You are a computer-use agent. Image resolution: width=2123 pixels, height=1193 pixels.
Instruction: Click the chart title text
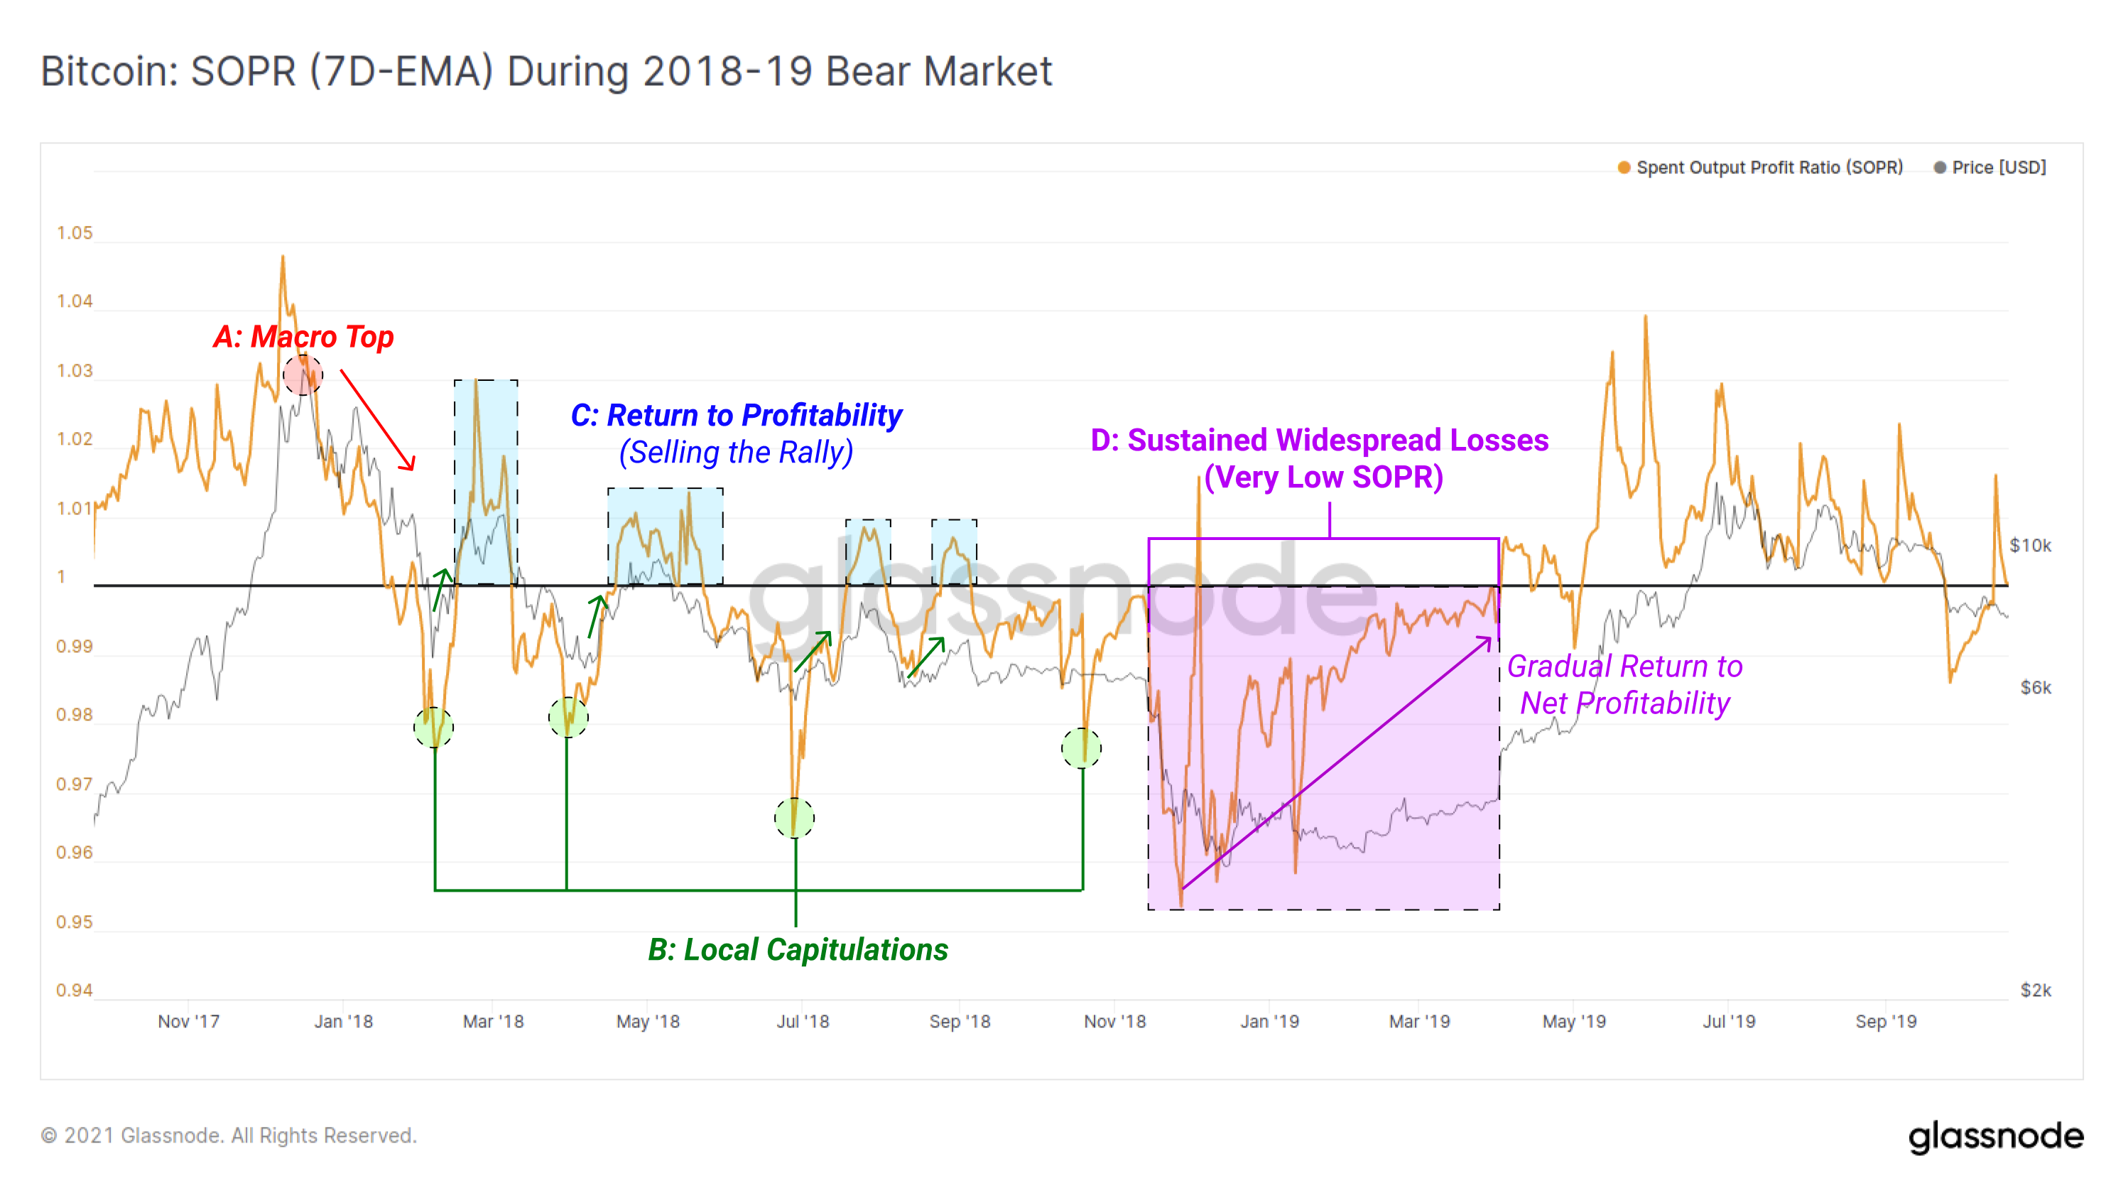(545, 71)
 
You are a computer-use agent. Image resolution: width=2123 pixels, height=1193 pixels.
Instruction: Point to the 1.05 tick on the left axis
(74, 233)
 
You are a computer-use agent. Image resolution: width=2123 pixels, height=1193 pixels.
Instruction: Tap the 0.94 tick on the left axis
(74, 990)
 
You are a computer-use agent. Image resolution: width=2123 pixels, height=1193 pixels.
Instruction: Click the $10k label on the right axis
(2030, 545)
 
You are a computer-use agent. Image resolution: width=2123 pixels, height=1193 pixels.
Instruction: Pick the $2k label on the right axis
(2035, 990)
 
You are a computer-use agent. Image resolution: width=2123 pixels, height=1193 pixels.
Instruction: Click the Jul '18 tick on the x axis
(802, 1022)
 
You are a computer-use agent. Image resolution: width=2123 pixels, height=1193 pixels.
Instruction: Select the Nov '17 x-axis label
(189, 1022)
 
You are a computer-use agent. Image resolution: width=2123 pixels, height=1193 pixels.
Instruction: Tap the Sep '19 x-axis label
(1885, 1022)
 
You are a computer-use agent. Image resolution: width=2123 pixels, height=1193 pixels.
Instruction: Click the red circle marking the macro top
(303, 375)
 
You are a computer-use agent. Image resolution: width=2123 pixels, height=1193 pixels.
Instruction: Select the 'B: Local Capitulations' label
(797, 950)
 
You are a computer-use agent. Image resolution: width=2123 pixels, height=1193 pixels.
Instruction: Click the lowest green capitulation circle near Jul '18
(795, 818)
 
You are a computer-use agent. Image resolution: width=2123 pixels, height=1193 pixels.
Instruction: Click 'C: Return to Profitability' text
(736, 415)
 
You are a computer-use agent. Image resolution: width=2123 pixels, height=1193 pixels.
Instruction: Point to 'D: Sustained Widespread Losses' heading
(1319, 441)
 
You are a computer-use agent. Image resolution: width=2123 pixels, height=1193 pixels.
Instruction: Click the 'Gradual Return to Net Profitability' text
(1624, 684)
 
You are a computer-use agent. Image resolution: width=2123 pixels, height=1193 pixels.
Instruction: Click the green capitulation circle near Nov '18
(1080, 747)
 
